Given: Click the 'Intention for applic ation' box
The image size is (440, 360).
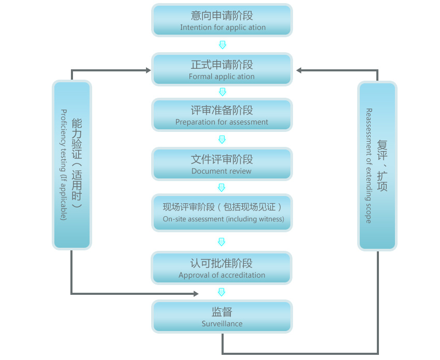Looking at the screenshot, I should [222, 20].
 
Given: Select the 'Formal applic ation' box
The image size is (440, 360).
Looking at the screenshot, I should [222, 69].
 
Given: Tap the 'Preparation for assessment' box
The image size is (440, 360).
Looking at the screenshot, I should [222, 115].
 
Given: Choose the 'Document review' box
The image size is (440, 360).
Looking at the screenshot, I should [222, 164].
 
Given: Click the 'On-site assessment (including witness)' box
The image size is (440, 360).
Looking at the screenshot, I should [222, 212].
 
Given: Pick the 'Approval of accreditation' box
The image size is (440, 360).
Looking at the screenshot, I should [222, 268].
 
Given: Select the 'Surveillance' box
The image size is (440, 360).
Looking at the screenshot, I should [222, 316].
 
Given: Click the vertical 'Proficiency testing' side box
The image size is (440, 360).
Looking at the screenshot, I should [72, 164].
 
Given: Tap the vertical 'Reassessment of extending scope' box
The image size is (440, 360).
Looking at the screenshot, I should [377, 166].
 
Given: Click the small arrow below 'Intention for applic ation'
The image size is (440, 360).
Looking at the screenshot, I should [222, 44].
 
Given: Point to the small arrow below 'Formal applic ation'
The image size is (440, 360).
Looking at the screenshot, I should [222, 92].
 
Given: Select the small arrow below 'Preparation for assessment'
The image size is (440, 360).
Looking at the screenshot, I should [222, 139].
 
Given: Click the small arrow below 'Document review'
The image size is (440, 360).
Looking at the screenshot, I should [222, 187].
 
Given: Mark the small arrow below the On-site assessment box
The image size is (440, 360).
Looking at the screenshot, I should [222, 242].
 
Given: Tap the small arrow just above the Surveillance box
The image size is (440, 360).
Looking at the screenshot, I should [222, 292].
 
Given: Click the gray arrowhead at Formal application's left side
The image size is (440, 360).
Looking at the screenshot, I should [148, 70].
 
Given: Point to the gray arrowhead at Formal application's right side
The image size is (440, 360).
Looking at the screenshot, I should [299, 70].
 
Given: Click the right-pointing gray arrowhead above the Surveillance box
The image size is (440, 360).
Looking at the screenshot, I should [196, 294].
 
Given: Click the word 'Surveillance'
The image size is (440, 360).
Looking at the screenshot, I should [222, 324].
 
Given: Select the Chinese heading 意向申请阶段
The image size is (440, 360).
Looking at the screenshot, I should [222, 16].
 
